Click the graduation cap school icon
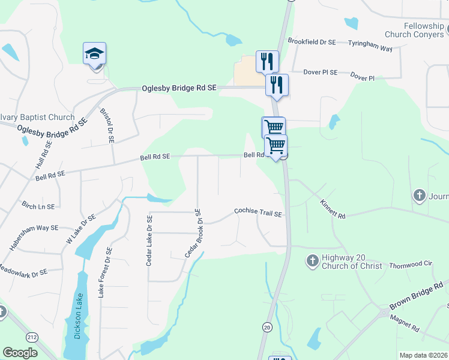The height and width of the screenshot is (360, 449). tap(95, 54)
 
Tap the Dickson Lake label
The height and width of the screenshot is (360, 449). tap(77, 316)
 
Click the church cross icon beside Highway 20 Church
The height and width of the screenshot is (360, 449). tap(312, 260)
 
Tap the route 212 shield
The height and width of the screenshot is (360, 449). tap(32, 338)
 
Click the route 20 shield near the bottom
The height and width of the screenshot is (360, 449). tap(267, 326)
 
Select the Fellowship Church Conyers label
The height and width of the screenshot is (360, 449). tap(415, 30)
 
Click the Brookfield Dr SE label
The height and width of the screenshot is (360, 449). tap(312, 42)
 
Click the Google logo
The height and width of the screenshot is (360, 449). tap(20, 353)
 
